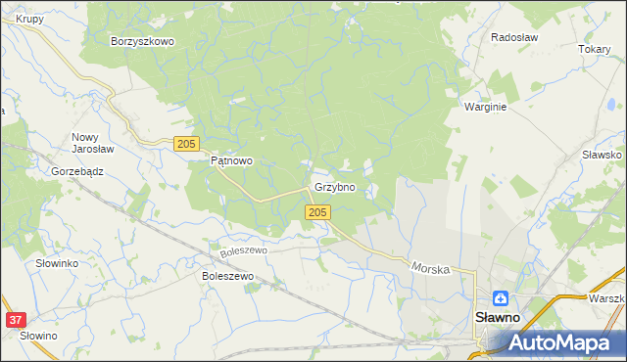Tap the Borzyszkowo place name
(x=142, y=42)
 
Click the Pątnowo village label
(x=232, y=161)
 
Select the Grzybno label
(x=334, y=187)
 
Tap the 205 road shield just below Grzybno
(x=316, y=212)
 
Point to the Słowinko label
(x=57, y=264)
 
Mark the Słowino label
(x=38, y=336)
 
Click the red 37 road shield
(x=15, y=320)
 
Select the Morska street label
(x=430, y=266)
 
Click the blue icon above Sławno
(x=501, y=298)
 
